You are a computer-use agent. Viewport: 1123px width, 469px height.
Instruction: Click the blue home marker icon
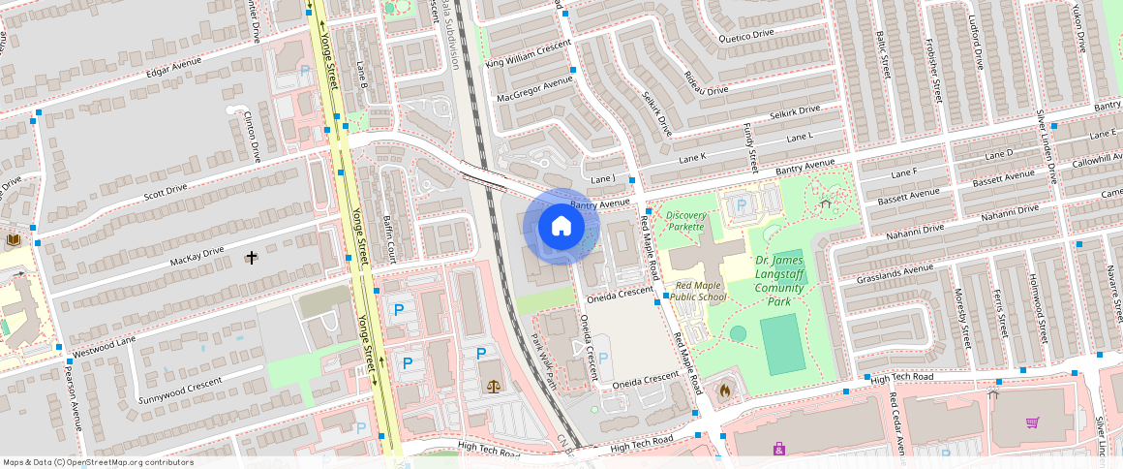pyautogui.click(x=561, y=227)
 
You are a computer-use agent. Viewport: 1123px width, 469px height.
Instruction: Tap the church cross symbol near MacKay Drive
pyautogui.click(x=252, y=258)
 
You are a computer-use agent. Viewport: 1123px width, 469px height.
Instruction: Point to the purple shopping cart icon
pyautogui.click(x=1032, y=422)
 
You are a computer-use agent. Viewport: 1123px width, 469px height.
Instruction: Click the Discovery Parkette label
pyautogui.click(x=685, y=221)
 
